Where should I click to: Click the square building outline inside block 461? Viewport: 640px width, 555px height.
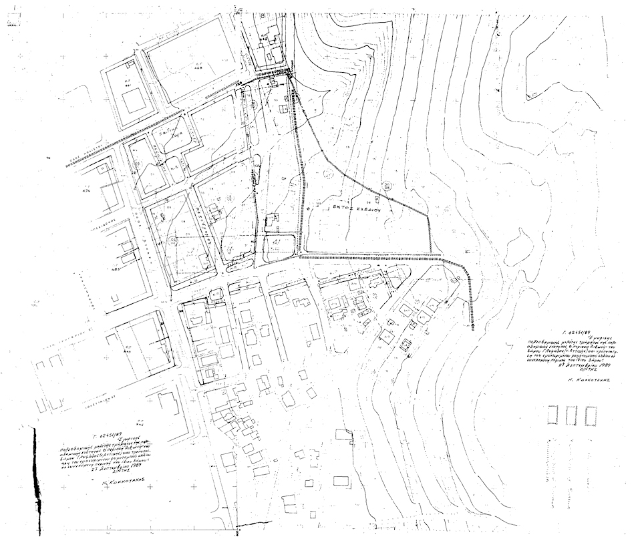click(x=134, y=101)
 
